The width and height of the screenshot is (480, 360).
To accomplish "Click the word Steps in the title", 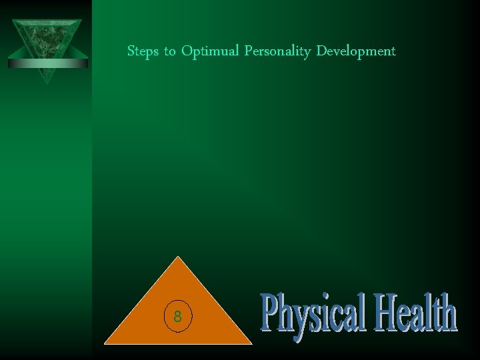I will (142, 51).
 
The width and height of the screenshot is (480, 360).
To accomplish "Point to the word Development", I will (356, 52).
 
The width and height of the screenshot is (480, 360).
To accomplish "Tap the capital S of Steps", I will (131, 51).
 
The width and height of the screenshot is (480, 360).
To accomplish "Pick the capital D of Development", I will (321, 51).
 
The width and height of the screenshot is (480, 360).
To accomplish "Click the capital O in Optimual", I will (185, 51).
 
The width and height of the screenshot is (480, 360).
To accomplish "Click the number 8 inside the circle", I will (177, 317).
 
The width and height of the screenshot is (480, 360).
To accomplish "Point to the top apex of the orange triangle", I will (178, 257).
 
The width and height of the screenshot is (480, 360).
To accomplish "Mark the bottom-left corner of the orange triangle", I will (105, 343).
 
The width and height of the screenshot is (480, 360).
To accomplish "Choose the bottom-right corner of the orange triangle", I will (251, 343).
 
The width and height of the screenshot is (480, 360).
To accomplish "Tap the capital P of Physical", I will (269, 313).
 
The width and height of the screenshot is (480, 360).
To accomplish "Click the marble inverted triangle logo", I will (47, 40).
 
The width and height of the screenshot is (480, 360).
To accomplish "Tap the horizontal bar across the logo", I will (47, 63).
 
